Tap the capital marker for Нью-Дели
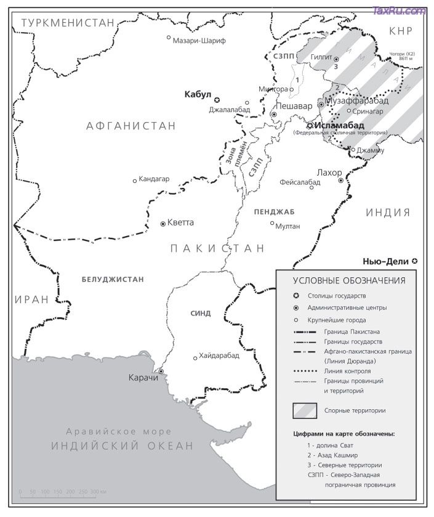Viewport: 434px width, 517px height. click(x=414, y=261)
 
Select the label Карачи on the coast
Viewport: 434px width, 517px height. click(x=142, y=377)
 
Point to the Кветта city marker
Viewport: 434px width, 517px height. click(x=163, y=224)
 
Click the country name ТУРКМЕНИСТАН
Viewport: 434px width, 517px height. click(x=68, y=23)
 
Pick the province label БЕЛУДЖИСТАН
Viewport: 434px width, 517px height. click(x=113, y=279)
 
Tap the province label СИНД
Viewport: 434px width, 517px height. click(x=201, y=313)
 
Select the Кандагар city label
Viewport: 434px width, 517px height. click(x=154, y=180)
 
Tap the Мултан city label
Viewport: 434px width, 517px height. click(x=288, y=226)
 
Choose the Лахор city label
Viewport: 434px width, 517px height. click(x=328, y=173)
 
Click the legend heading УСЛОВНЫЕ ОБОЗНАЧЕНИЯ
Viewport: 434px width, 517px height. click(x=349, y=280)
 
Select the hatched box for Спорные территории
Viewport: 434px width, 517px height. click(x=305, y=410)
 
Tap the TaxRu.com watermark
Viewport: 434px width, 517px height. click(x=400, y=10)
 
